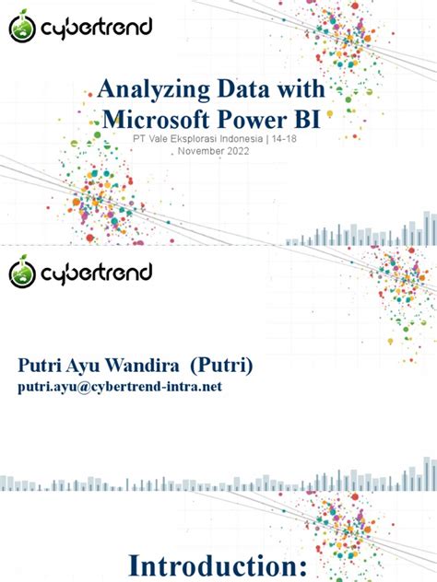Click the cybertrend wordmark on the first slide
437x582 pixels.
coord(94,31)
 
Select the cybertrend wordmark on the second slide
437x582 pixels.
coord(94,273)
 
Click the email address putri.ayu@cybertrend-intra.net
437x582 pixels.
coord(120,388)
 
